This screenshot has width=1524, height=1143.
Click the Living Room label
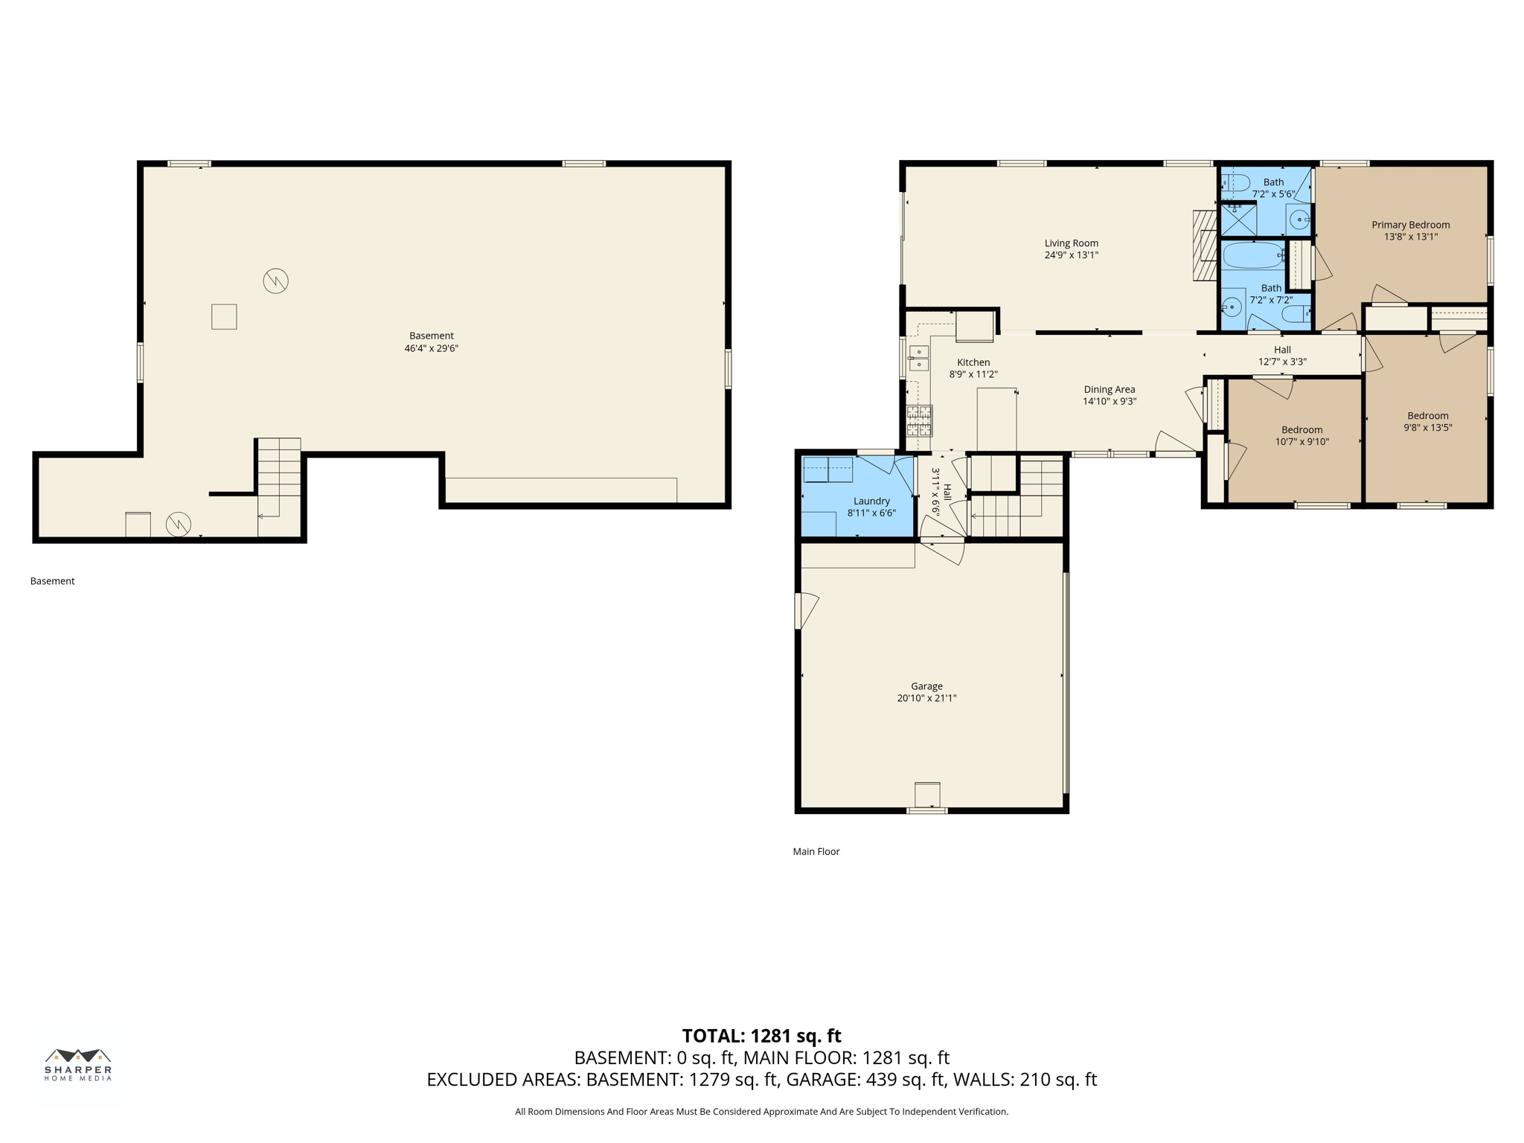pos(1071,243)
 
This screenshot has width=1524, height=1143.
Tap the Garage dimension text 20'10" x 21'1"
pos(926,698)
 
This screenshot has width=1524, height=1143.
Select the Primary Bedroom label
pos(1410,225)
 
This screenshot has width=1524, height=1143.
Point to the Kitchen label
pos(973,362)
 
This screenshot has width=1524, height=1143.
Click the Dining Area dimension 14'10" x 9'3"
pos(1109,402)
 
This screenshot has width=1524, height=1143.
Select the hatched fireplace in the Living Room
pos(1204,246)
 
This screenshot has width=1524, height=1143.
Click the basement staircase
pos(279,469)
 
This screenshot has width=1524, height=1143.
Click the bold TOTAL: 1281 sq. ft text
pos(761,1036)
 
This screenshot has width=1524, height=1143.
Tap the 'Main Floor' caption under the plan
pos(816,851)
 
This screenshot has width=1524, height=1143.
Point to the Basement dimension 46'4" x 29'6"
pos(431,348)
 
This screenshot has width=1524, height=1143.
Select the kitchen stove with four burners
pos(919,420)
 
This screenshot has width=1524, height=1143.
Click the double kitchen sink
pos(919,359)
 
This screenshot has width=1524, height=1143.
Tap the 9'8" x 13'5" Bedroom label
pos(1427,416)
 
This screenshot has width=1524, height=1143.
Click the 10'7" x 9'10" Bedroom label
pos(1302,430)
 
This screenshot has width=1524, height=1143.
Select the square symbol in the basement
pos(224,317)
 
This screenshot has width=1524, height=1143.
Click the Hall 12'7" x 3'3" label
pos(1281,350)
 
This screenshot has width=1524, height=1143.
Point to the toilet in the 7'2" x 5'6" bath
pos(1236,182)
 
